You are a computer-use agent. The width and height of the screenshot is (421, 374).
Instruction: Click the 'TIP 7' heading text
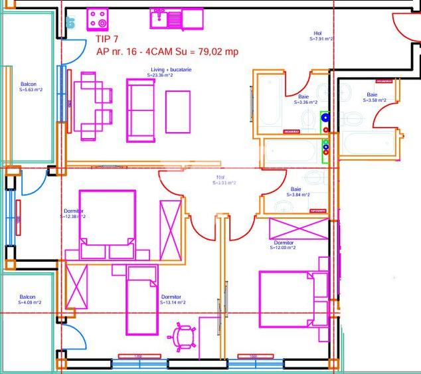(x=110, y=39)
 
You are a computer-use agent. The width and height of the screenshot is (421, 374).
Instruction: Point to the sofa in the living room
(x=141, y=111)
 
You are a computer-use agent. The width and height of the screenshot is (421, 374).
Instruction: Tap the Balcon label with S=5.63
(x=28, y=87)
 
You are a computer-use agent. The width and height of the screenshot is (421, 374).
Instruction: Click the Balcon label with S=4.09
(x=28, y=300)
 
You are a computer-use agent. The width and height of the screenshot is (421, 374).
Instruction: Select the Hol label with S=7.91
(x=321, y=36)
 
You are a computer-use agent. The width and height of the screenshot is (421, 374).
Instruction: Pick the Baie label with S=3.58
(x=372, y=98)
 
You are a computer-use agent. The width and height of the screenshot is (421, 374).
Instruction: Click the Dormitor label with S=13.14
(x=172, y=300)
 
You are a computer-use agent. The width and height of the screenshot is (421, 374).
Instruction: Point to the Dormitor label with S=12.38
(x=74, y=213)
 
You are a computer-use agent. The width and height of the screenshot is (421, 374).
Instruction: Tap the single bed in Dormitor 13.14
(x=141, y=299)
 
